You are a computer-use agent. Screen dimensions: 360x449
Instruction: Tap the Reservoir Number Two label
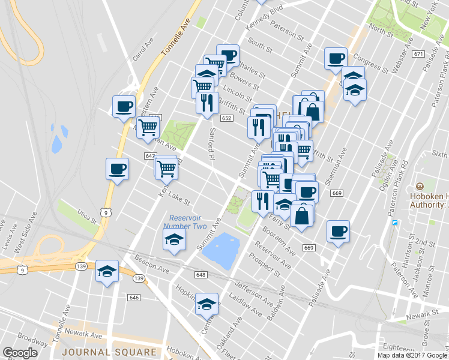[x=188, y=222]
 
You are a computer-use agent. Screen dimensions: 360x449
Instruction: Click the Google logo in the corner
[x=20, y=353]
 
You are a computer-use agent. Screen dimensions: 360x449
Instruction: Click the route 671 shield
[x=419, y=54]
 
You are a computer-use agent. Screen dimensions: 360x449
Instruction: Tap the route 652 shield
[x=226, y=118]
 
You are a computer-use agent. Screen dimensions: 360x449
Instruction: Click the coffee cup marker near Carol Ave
[x=124, y=106]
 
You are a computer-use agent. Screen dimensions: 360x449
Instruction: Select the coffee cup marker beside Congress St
[x=336, y=58]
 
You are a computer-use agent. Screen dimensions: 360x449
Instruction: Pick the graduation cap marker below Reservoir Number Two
[x=175, y=239]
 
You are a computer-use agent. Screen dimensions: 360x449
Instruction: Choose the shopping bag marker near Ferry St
[x=302, y=216]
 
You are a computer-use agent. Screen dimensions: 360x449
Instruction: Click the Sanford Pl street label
[x=211, y=145]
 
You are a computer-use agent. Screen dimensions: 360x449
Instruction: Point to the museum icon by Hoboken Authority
[x=420, y=185]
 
